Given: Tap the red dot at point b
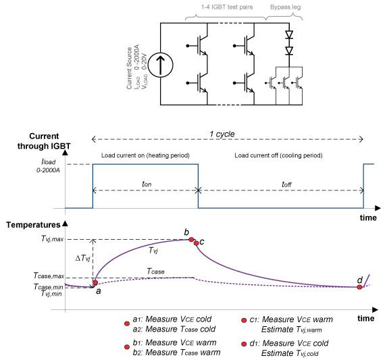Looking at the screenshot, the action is point(191,239).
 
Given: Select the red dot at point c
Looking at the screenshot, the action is point(196,243).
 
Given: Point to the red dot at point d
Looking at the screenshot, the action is point(359,287).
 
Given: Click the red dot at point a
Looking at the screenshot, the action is point(95,282).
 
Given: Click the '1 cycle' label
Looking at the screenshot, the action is point(222,134).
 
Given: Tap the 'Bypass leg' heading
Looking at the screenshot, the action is point(285,7).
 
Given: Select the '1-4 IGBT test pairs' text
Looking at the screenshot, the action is point(227,7).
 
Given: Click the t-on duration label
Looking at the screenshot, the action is point(147,184).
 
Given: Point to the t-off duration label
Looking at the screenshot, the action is point(286,184).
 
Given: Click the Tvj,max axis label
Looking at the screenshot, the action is point(53,238).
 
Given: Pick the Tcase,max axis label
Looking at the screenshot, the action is point(49,276).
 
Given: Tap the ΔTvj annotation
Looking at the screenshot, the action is point(82,258).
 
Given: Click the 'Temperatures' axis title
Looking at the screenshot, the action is point(33,225).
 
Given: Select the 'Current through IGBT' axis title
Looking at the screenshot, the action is point(44,141).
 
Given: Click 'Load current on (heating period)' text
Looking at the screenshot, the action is point(145,155).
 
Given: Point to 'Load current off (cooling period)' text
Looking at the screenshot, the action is point(278,155).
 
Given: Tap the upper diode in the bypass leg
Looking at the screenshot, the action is point(289,34).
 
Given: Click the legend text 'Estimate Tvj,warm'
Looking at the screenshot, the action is point(291,330).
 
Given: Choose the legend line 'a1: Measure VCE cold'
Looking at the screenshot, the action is point(172,319).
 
